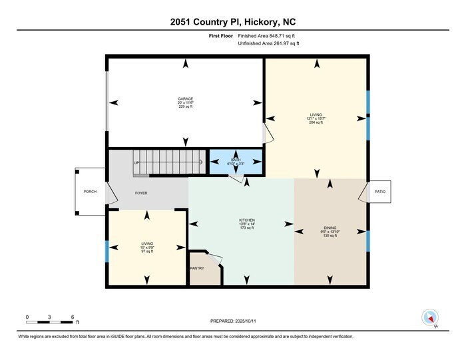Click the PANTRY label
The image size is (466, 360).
click(x=197, y=268)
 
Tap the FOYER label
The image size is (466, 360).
click(x=141, y=193)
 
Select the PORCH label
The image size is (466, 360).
click(x=90, y=192)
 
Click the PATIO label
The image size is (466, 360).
click(x=379, y=192)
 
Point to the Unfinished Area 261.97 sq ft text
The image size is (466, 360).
click(x=269, y=43)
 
